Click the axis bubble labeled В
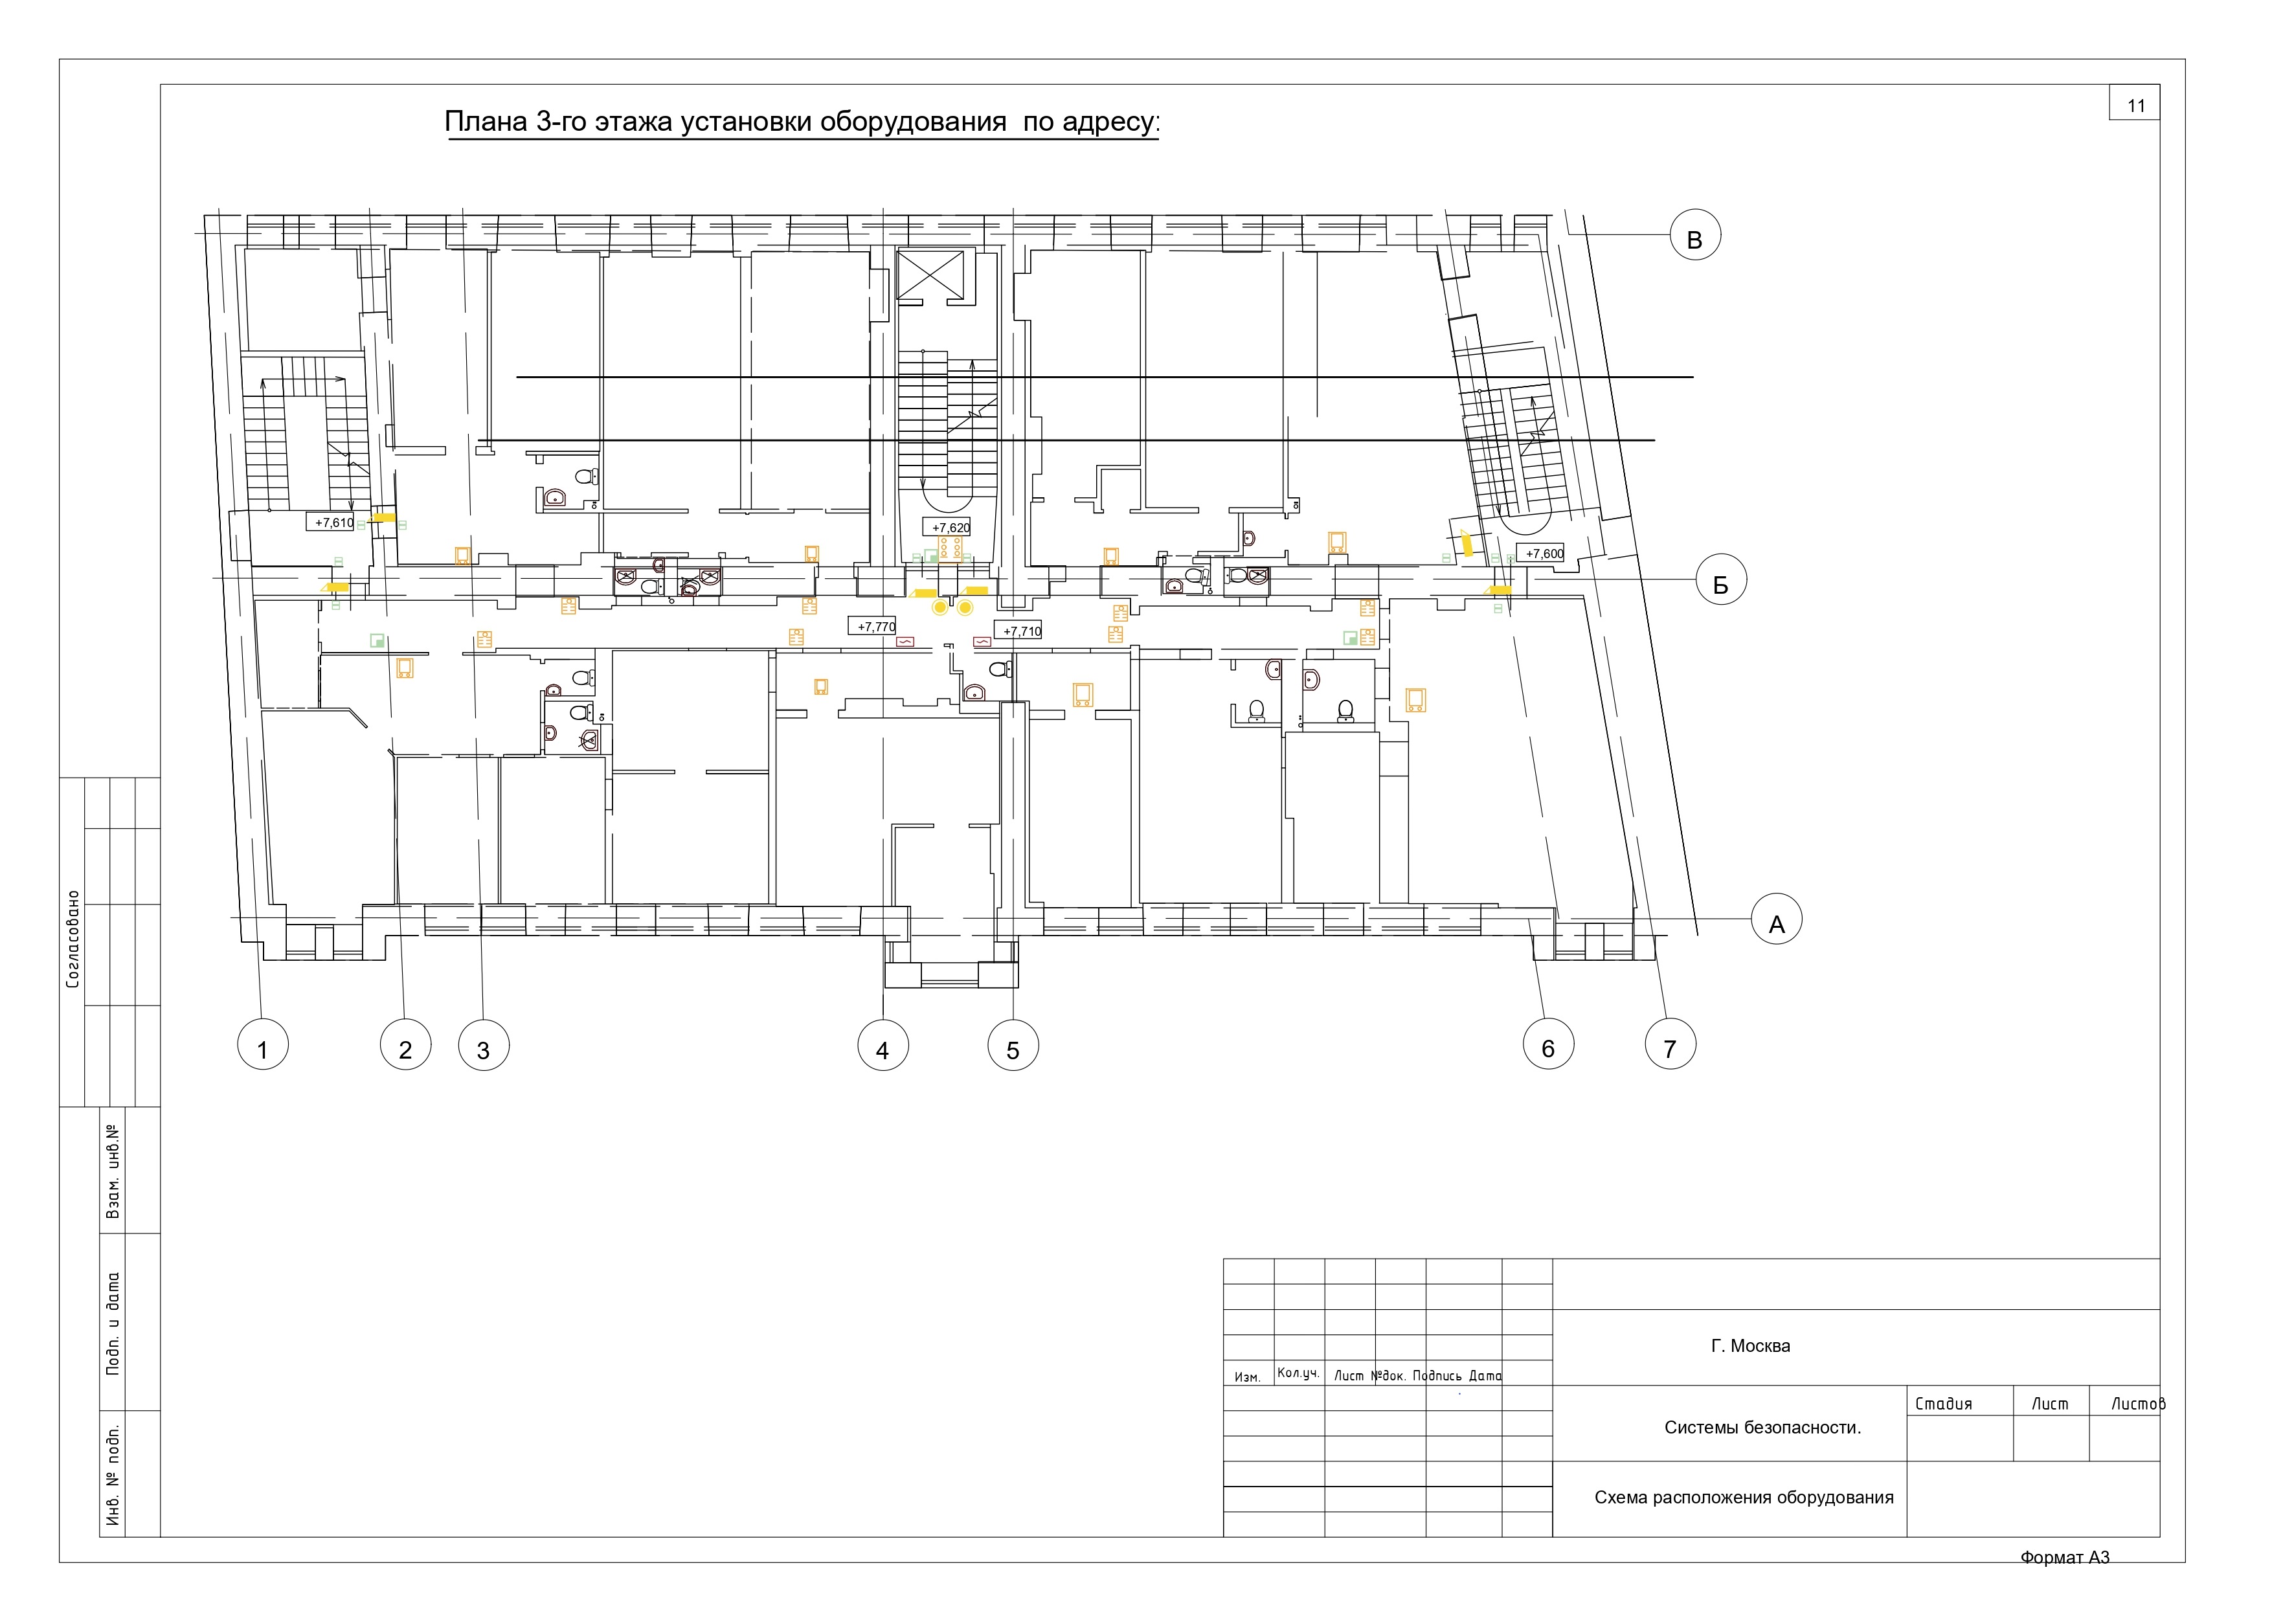point(1695,236)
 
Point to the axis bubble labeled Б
point(1721,580)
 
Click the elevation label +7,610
point(333,523)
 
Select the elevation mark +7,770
point(873,626)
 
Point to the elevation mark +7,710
point(1019,631)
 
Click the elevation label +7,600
point(1542,553)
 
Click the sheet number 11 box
point(2135,103)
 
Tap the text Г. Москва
point(1751,1346)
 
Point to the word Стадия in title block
point(1944,1403)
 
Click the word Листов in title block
point(2137,1403)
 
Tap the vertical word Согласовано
point(73,940)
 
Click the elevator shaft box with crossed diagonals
point(929,273)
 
